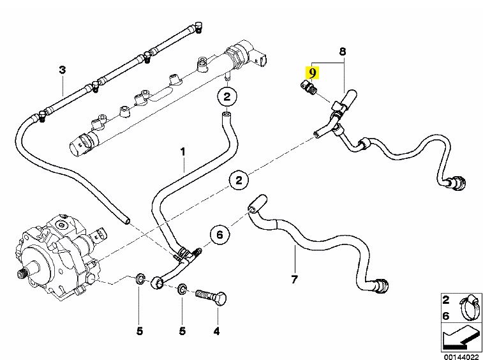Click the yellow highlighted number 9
[x=312, y=72]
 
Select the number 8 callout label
[x=342, y=50]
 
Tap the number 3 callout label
[x=62, y=70]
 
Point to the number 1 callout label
[x=182, y=152]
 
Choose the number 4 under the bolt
[x=216, y=331]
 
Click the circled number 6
[x=219, y=235]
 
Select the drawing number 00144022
[x=458, y=354]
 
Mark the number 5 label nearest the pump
[x=140, y=331]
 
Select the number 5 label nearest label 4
[x=182, y=331]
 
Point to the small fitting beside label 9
[x=309, y=89]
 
